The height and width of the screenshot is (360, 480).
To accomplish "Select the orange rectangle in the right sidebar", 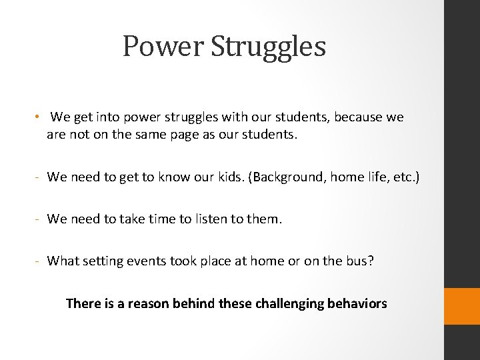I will point(462,307).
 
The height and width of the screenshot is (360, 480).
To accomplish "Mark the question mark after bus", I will point(371,261).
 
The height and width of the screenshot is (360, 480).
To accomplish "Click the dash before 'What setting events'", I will point(39,261).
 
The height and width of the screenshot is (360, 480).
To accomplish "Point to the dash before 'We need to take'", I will point(39,219).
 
